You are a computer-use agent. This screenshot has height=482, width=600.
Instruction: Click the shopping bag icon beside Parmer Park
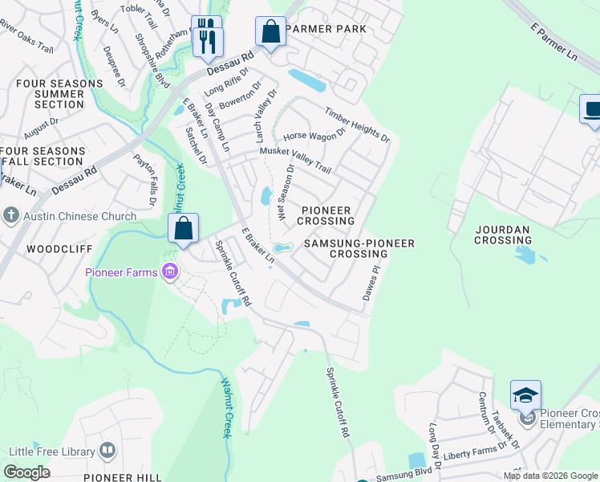tap(270, 32)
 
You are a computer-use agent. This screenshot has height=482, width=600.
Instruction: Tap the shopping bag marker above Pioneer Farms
tap(184, 228)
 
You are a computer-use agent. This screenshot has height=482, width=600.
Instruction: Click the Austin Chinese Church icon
tap(10, 215)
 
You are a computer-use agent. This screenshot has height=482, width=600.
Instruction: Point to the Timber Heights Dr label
tap(357, 125)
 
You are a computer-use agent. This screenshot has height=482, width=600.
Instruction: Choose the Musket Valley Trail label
tap(290, 159)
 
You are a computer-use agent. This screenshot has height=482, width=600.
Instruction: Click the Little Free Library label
tap(59, 452)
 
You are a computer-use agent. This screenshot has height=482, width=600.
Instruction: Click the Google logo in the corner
tap(26, 472)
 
